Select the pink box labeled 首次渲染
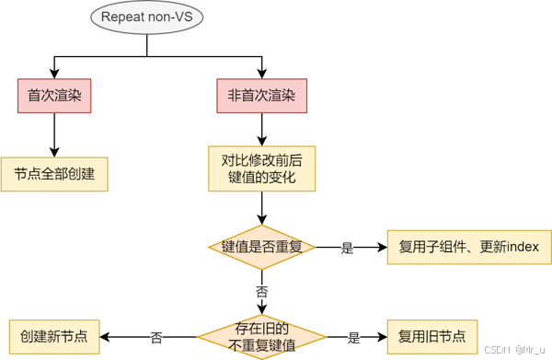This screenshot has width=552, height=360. [x=54, y=95]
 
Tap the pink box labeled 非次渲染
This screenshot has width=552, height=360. [x=261, y=95]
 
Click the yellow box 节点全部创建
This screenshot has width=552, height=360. [x=54, y=173]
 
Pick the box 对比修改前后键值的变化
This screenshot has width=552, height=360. [x=261, y=168]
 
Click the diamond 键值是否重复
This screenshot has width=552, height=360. [x=261, y=247]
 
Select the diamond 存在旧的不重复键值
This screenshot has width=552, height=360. [x=261, y=337]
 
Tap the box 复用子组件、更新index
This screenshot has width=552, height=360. [x=469, y=247]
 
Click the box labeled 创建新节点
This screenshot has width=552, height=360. [x=54, y=337]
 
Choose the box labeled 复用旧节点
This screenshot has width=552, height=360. [x=432, y=337]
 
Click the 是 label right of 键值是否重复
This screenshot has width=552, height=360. [x=348, y=248]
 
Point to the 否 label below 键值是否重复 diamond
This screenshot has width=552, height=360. [x=261, y=291]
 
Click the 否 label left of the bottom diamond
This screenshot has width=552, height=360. [x=156, y=338]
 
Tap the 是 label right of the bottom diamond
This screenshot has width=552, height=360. [x=353, y=338]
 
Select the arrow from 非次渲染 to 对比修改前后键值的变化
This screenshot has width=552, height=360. [x=261, y=127]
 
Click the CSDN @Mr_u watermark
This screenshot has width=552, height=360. [x=515, y=351]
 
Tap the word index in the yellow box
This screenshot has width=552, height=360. [x=523, y=247]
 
